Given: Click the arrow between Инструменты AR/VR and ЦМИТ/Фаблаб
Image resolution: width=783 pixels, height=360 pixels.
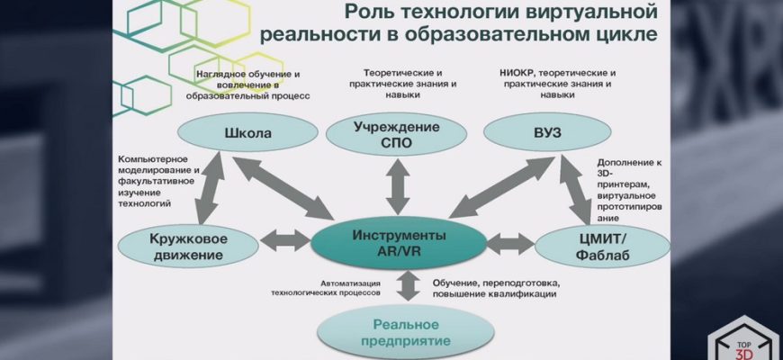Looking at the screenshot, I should coord(510,242).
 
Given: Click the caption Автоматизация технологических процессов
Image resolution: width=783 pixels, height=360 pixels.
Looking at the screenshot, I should coord(326,287).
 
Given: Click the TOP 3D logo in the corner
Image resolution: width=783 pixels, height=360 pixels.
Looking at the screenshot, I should coord(743,339).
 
